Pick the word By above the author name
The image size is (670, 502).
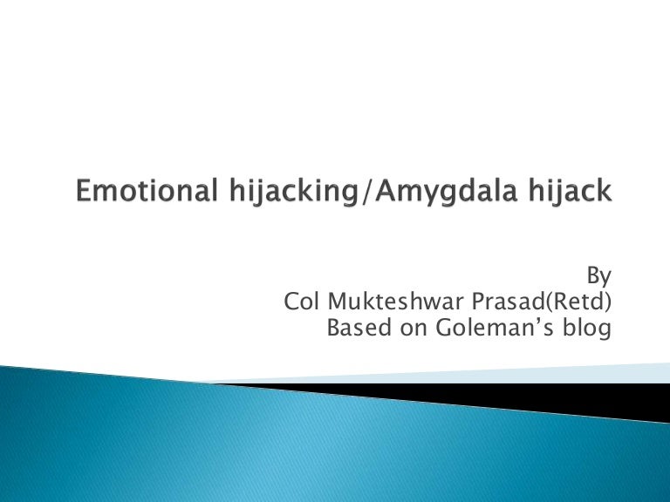tap(598, 276)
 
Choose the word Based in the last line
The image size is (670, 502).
tap(353, 329)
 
